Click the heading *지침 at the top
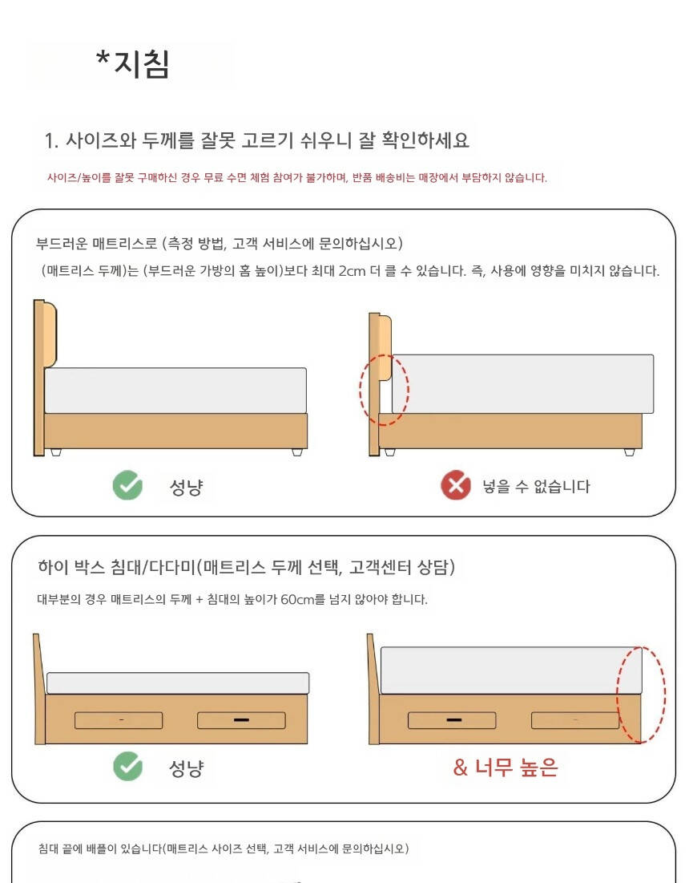coord(133,63)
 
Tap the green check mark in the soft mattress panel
coord(127,485)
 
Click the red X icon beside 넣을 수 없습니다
coord(456,485)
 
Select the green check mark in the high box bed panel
coord(127,766)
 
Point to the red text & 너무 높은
coord(505,767)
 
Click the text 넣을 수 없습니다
coord(536,486)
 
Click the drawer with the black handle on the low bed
coord(241,720)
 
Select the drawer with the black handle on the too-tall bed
coord(452,720)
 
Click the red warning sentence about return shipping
coord(297,177)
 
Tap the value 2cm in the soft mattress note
coord(352,271)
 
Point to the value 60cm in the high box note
coord(297,599)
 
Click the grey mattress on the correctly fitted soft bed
coord(175,391)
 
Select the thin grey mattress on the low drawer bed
coord(178,683)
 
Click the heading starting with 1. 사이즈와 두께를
coord(256,140)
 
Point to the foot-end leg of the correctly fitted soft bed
coord(297,452)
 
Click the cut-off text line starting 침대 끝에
coord(224,848)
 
